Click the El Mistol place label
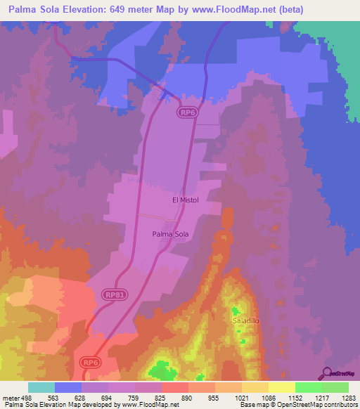[186, 200]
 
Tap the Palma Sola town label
[171, 235]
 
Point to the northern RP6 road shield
[186, 112]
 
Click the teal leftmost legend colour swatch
[41, 387]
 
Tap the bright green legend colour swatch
[309, 387]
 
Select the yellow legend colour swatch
[282, 387]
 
